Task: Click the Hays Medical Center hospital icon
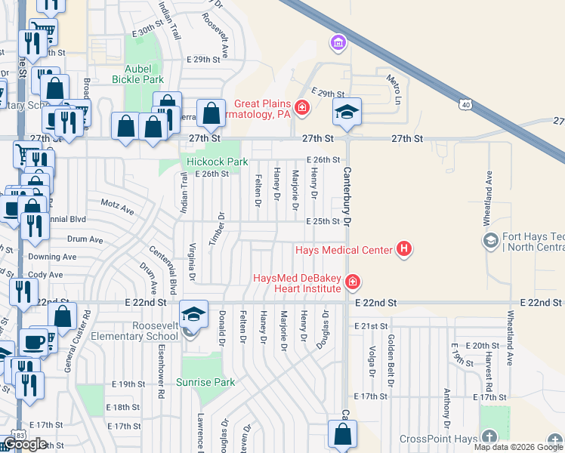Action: click(404, 249)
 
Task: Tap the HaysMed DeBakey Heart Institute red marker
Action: click(352, 283)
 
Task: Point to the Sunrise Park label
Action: click(205, 382)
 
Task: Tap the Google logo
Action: click(25, 445)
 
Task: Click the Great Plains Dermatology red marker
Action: click(302, 109)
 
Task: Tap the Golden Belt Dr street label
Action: click(391, 351)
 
